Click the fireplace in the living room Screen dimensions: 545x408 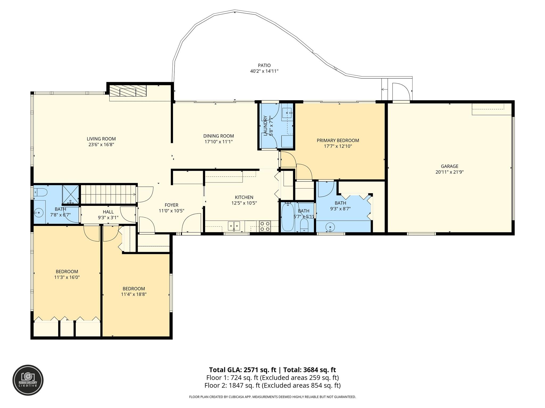[x=128, y=91]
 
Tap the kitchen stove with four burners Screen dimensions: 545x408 [x=265, y=226]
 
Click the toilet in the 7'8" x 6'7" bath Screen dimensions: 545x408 [x=40, y=192]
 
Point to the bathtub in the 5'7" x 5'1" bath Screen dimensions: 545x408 [x=288, y=217]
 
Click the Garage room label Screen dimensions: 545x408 [x=449, y=166]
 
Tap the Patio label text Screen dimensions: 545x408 [x=264, y=65]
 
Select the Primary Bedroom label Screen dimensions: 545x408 [x=338, y=140]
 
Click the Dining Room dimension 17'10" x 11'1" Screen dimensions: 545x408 [x=218, y=142]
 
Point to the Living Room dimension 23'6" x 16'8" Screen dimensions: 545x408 [x=101, y=144]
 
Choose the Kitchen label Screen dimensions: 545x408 [x=244, y=197]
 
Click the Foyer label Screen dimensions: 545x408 [x=171, y=205]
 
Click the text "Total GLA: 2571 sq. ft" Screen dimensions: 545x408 [x=243, y=370]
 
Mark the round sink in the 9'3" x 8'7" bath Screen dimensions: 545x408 [x=330, y=227]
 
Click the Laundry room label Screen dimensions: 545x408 [x=265, y=126]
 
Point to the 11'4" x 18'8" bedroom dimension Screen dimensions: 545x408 [x=134, y=294]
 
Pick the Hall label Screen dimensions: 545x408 [x=108, y=212]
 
